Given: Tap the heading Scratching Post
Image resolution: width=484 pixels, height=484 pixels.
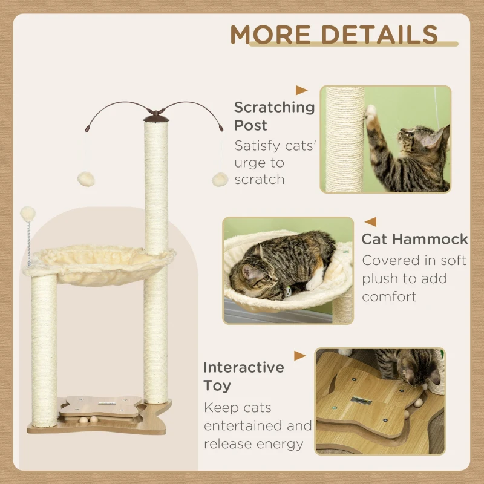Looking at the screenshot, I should click(274, 116).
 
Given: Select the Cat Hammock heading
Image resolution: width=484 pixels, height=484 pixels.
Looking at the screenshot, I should click(414, 238).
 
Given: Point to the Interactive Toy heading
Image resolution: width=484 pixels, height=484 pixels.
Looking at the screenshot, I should click(243, 376).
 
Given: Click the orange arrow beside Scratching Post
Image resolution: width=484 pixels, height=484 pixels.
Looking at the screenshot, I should click(301, 90).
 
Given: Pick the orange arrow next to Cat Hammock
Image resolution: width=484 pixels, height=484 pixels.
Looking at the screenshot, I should click(370, 222).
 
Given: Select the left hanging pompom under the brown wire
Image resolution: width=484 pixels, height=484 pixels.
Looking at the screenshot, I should click(83, 178).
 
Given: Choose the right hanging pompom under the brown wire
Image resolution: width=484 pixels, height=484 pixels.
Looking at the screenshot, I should click(219, 179).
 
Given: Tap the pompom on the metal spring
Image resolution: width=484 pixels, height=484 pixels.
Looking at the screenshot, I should click(28, 213).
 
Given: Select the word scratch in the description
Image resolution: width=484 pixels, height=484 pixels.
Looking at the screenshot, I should click(259, 180).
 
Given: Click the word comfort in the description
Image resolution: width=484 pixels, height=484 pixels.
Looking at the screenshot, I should click(390, 297).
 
